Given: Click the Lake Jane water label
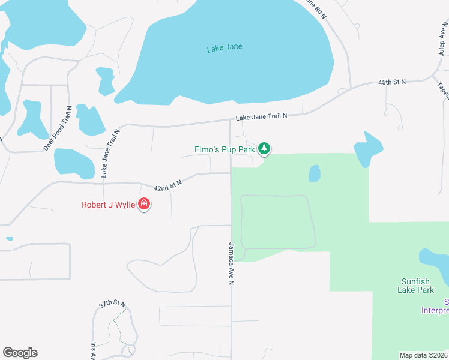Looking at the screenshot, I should click(x=224, y=47).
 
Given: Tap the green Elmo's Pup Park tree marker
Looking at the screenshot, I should click(x=264, y=148).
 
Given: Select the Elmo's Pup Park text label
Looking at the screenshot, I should click(x=224, y=148).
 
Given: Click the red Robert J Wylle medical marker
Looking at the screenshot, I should click(x=144, y=205).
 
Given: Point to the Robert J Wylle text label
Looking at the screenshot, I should click(x=109, y=205).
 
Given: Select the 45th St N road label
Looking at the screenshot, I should click(x=392, y=81).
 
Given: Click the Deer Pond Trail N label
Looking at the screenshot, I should click(x=58, y=128).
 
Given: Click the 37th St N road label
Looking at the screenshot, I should click(x=112, y=304).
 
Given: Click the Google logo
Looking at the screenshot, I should click(x=20, y=353).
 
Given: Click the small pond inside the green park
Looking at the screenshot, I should click(x=314, y=173).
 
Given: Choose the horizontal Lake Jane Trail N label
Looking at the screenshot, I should click(x=261, y=118).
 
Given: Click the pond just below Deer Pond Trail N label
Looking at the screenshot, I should click(x=74, y=163).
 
